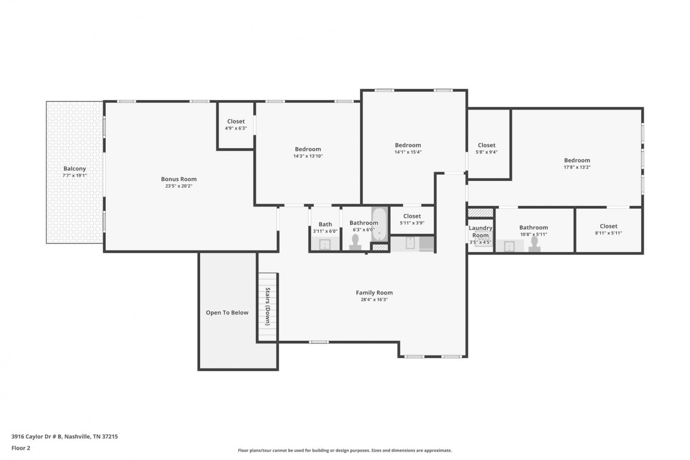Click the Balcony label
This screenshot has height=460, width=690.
click(x=75, y=169)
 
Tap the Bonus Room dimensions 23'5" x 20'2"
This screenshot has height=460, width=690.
click(x=178, y=186)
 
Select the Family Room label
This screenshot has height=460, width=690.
click(x=374, y=292)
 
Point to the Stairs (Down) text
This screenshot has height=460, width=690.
click(x=268, y=307)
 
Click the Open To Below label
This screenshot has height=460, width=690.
click(x=227, y=313)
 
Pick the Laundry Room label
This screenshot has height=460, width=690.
click(x=481, y=232)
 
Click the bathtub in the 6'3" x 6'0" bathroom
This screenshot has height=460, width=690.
click(x=379, y=224)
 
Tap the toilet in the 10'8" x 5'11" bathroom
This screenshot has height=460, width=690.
click(x=535, y=245)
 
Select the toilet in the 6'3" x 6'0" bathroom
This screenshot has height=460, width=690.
click(x=355, y=242)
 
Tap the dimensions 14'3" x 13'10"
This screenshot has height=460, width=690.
click(x=308, y=156)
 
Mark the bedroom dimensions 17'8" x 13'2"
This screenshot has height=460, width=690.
click(x=577, y=167)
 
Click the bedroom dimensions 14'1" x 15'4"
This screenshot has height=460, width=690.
click(x=408, y=152)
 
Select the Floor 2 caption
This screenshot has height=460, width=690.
click(x=21, y=448)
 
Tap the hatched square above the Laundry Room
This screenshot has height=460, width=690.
click(x=481, y=213)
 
